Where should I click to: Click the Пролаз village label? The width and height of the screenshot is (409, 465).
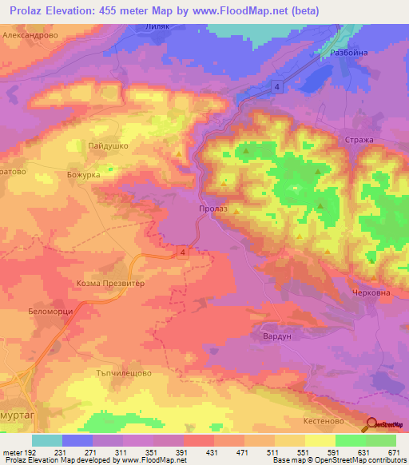[x=212, y=209]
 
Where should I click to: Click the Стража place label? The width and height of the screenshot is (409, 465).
[x=359, y=140]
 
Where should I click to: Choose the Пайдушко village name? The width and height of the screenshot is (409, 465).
[x=108, y=146]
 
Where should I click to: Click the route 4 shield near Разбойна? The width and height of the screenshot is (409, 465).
[x=276, y=85]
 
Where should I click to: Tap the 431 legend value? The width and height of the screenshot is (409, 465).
[x=212, y=452]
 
